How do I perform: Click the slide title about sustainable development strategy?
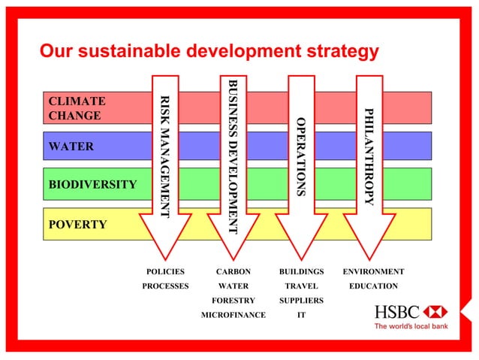(x=209, y=52)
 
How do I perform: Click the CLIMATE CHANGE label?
(x=74, y=108)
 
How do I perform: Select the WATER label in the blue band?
(x=71, y=146)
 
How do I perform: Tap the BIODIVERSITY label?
(x=92, y=184)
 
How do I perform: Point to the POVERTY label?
(x=77, y=225)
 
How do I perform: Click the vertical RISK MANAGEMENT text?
(x=165, y=157)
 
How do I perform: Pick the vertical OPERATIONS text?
(x=300, y=157)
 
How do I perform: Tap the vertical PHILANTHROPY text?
(x=368, y=156)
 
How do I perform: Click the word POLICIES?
(x=165, y=271)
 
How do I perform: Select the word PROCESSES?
(x=165, y=286)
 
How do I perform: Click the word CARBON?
(x=233, y=271)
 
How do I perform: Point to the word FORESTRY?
(x=233, y=301)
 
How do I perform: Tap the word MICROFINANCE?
(x=233, y=315)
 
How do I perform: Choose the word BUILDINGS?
(x=301, y=271)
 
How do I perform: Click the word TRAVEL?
(x=301, y=286)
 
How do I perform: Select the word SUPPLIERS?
(x=301, y=301)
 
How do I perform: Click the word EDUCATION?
(x=373, y=286)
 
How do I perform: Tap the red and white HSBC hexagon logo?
(x=435, y=311)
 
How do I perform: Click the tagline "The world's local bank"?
(x=411, y=326)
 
